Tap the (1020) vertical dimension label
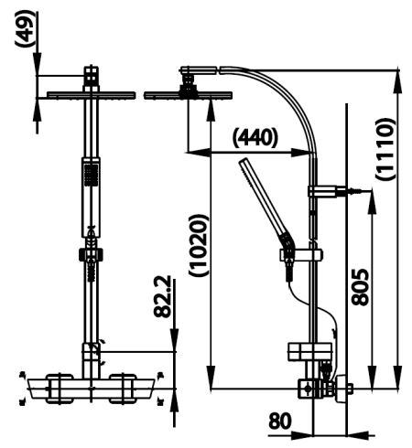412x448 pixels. click(x=199, y=243)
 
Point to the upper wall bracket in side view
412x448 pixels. click(x=328, y=191)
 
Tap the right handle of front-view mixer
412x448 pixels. click(x=128, y=387)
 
